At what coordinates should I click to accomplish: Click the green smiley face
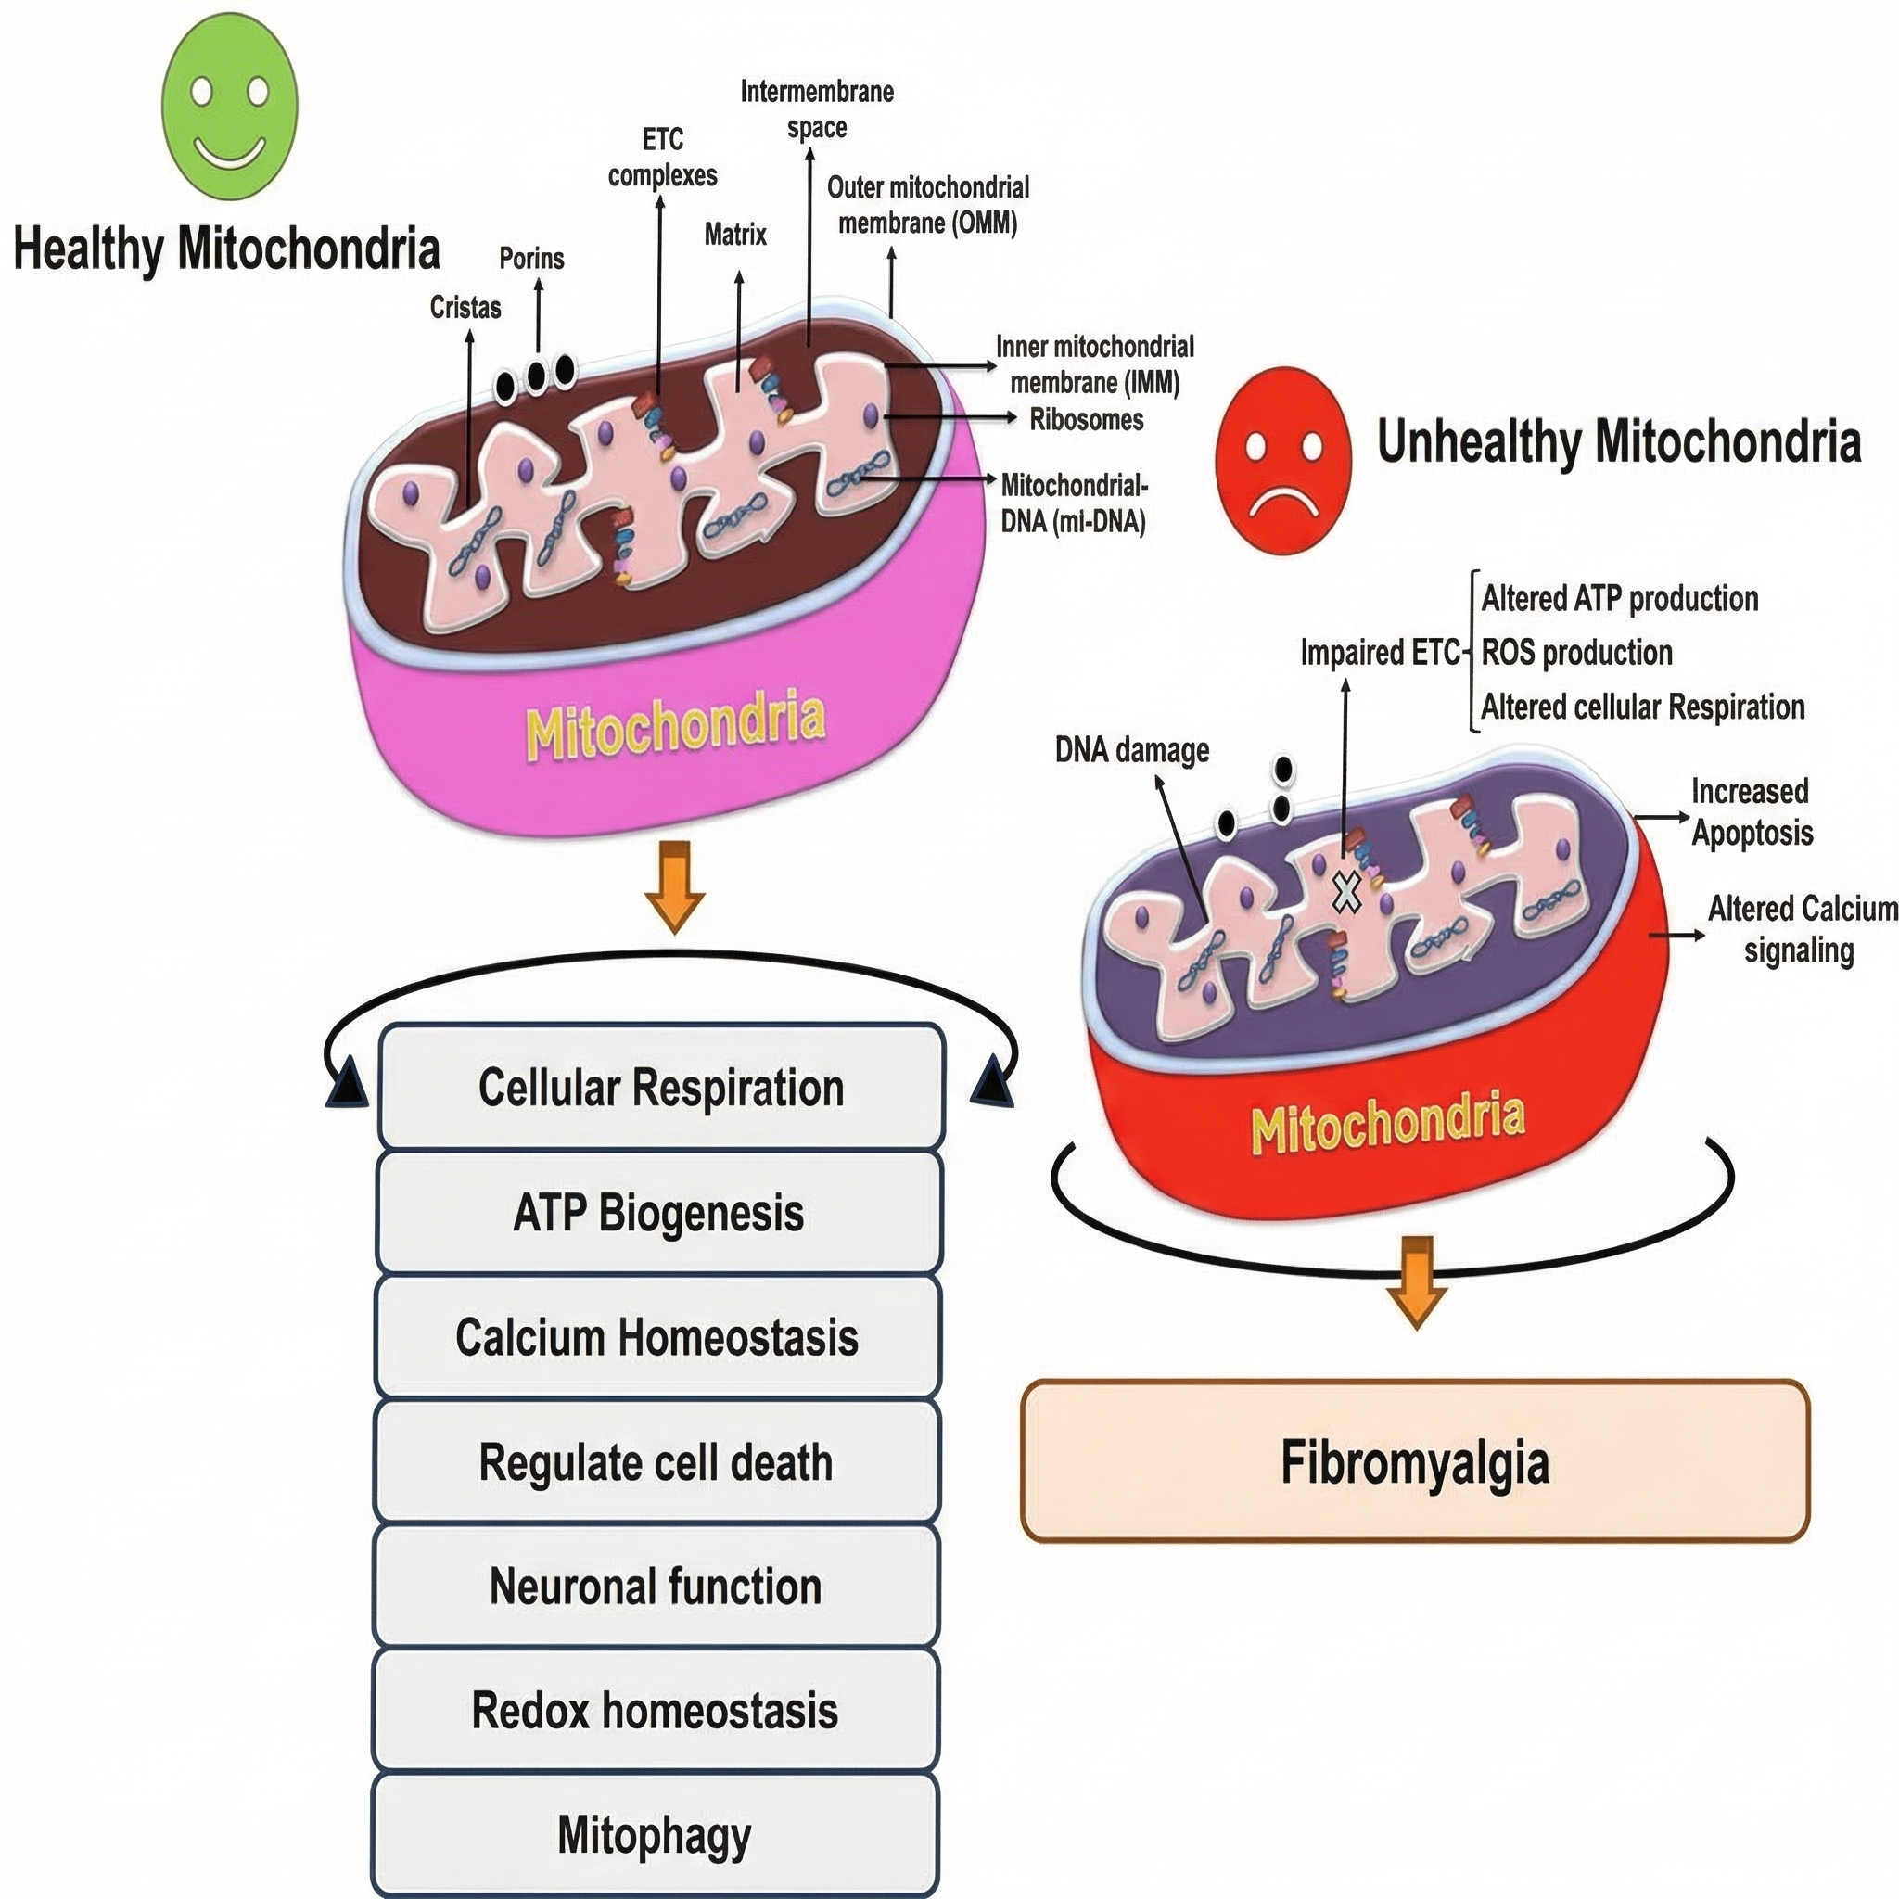[229, 106]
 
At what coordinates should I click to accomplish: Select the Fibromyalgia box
[1415, 1461]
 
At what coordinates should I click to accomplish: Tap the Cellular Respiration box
[660, 1087]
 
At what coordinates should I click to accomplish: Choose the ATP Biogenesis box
[658, 1212]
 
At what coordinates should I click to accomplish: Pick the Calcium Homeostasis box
[657, 1337]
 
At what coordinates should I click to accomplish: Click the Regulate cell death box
[656, 1461]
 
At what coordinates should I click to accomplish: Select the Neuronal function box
[656, 1586]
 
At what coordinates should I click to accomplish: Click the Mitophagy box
[655, 1834]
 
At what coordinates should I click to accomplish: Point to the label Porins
[531, 259]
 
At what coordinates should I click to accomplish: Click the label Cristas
[465, 308]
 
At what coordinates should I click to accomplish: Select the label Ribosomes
[1086, 420]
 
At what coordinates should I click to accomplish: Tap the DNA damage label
[1132, 751]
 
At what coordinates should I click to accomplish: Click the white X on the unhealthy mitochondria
[1346, 891]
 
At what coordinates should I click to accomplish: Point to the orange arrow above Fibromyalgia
[1417, 1282]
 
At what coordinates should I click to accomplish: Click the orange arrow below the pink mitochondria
[674, 886]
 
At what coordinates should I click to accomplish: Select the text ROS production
[1576, 653]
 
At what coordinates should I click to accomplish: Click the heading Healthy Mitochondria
[226, 249]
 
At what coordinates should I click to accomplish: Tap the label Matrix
[735, 235]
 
